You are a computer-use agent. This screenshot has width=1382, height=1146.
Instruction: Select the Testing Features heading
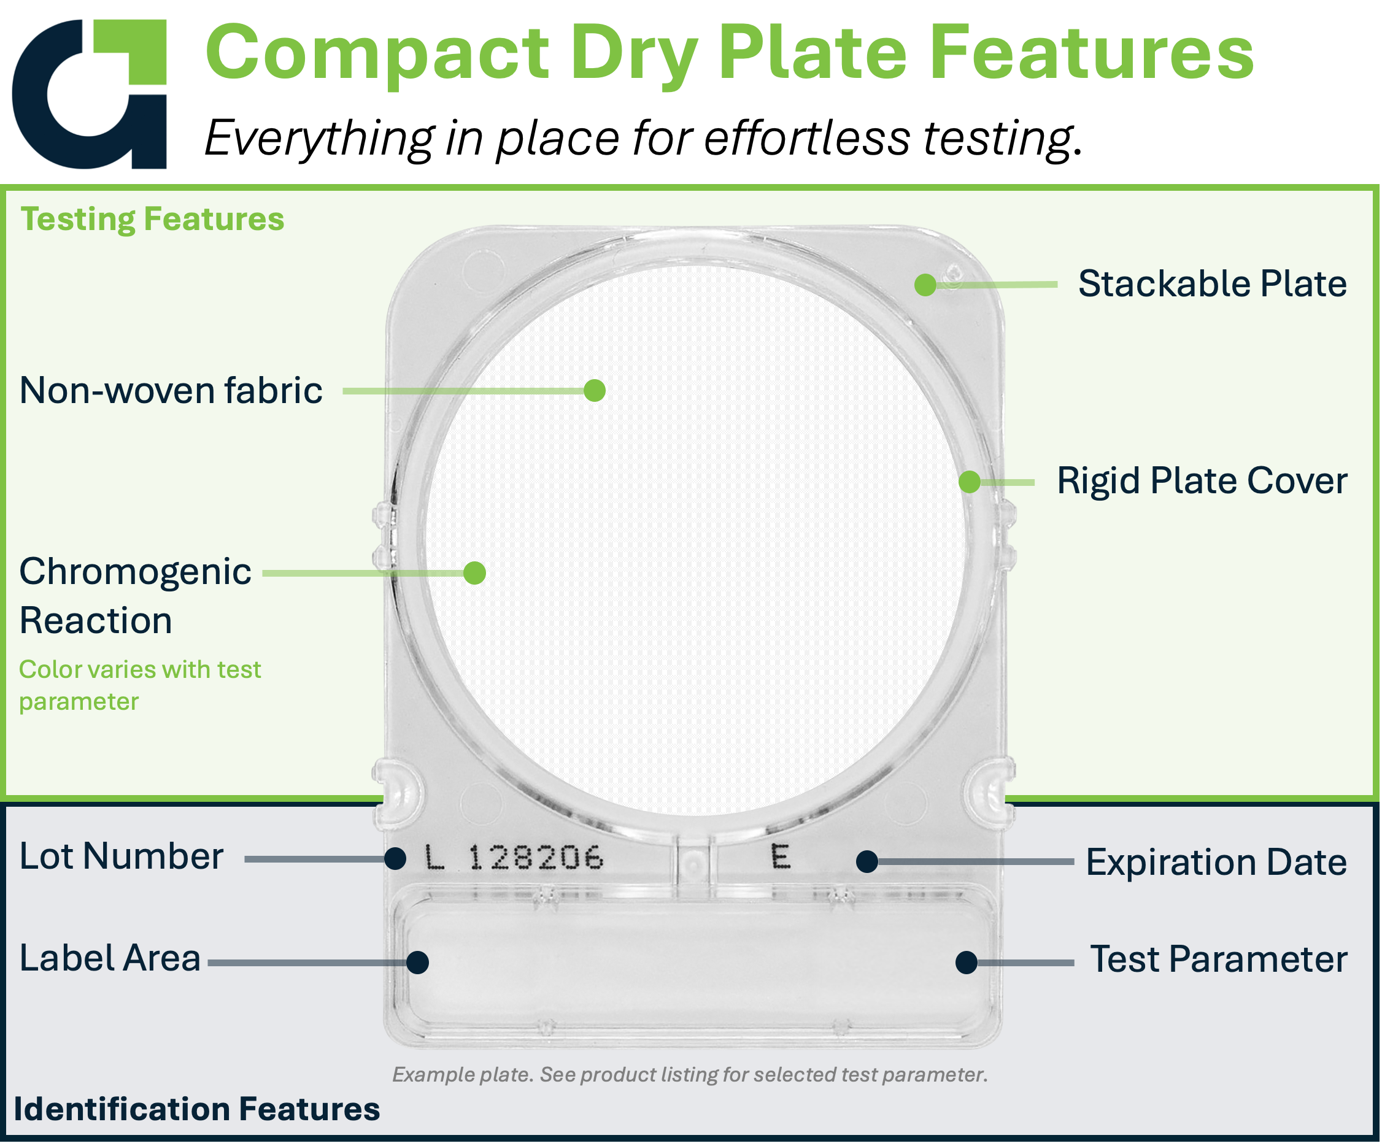click(152, 219)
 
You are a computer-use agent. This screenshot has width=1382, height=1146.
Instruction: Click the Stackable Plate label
click(1212, 284)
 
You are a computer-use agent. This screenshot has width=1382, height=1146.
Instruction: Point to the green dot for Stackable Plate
click(925, 285)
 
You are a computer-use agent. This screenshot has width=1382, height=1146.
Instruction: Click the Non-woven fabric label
click(171, 391)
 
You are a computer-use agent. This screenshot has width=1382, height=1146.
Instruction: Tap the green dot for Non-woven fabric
click(594, 391)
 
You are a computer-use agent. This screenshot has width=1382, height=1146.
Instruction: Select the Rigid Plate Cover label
click(1202, 481)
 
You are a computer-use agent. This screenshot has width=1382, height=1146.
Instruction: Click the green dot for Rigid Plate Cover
click(970, 482)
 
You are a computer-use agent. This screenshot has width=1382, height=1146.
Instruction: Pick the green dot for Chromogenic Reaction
click(474, 573)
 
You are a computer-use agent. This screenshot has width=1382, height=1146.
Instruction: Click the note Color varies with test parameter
click(139, 685)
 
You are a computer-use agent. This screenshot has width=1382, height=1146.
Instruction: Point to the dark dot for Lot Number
click(395, 858)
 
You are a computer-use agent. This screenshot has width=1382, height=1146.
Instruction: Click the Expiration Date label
click(1216, 862)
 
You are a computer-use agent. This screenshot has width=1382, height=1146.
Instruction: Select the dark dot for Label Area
click(418, 963)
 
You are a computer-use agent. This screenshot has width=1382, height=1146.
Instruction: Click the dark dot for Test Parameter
click(966, 963)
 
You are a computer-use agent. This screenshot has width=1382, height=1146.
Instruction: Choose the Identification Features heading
click(197, 1109)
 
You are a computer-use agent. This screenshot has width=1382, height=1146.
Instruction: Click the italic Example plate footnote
click(690, 1074)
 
